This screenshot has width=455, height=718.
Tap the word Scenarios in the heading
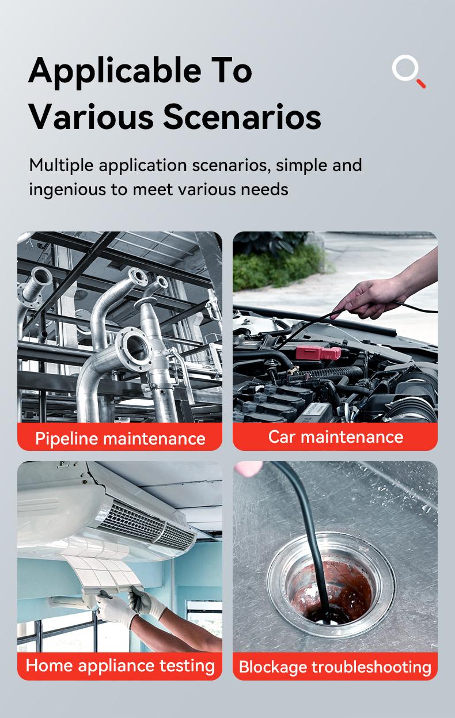pyautogui.click(x=242, y=116)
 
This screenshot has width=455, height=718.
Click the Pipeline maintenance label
pyautogui.click(x=120, y=438)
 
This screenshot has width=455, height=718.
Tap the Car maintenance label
pyautogui.click(x=335, y=436)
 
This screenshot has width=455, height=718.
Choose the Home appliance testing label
pyautogui.click(x=120, y=665)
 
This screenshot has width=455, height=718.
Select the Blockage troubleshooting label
pyautogui.click(x=335, y=667)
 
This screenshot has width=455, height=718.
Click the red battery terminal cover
pyautogui.click(x=317, y=352)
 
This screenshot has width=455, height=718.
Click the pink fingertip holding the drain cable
pyautogui.click(x=248, y=469)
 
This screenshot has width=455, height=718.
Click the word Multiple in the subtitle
pyautogui.click(x=61, y=165)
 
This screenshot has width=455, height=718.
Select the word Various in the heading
pyautogui.click(x=92, y=116)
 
